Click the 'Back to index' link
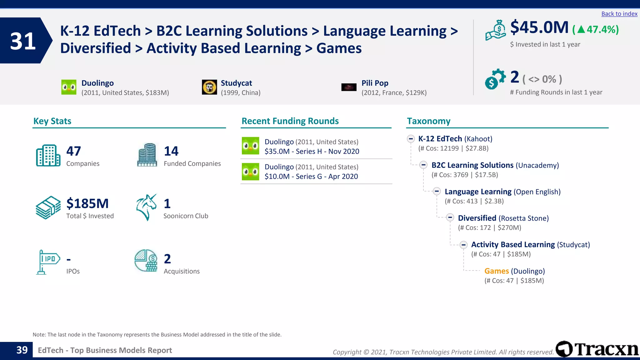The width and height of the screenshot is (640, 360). tap(619, 14)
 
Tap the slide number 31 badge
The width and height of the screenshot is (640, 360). tap(23, 41)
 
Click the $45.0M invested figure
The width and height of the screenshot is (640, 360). tap(539, 27)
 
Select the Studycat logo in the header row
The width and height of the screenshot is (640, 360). tap(209, 87)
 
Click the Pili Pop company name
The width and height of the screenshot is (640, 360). tap(375, 83)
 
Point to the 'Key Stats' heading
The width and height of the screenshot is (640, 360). tap(52, 121)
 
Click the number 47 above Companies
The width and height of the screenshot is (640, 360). tap(74, 151)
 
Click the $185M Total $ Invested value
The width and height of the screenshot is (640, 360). tap(87, 204)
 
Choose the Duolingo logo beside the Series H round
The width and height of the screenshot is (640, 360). tap(250, 146)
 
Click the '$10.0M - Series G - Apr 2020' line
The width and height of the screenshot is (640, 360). tap(311, 177)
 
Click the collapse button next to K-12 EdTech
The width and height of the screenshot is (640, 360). tap(411, 139)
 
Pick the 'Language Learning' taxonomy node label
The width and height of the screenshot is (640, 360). tap(478, 192)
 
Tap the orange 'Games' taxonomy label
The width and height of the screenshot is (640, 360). tap(497, 271)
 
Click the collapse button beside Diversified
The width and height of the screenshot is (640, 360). tap(450, 217)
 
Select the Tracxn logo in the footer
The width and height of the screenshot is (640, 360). tap(597, 349)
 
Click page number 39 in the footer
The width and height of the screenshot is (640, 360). tap(22, 350)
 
